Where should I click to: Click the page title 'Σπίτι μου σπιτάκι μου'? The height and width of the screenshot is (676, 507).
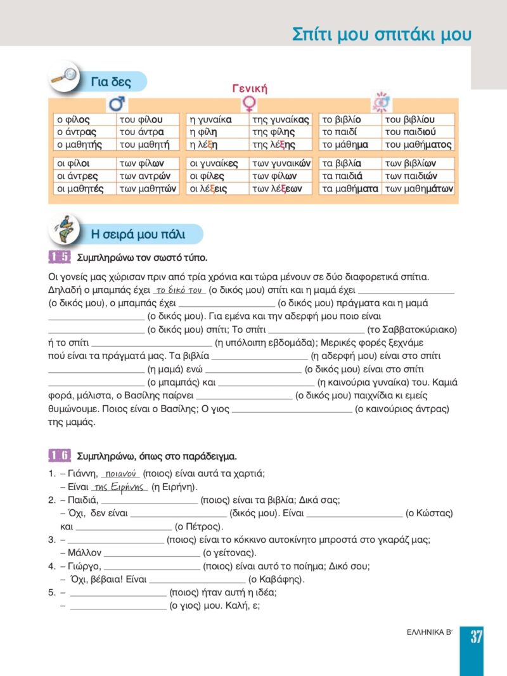382,34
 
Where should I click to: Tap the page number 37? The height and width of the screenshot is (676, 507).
477,637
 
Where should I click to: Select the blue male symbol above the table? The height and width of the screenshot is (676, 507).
117,103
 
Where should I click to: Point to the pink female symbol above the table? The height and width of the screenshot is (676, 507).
250,103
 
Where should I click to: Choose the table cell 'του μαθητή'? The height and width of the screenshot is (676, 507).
144,145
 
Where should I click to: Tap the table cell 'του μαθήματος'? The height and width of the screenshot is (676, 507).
418,145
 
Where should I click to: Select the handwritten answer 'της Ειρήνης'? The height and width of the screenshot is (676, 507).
119,487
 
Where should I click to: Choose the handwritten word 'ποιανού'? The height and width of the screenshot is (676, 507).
120,473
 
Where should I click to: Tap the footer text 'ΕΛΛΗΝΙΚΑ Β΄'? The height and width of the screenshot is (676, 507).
430,635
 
